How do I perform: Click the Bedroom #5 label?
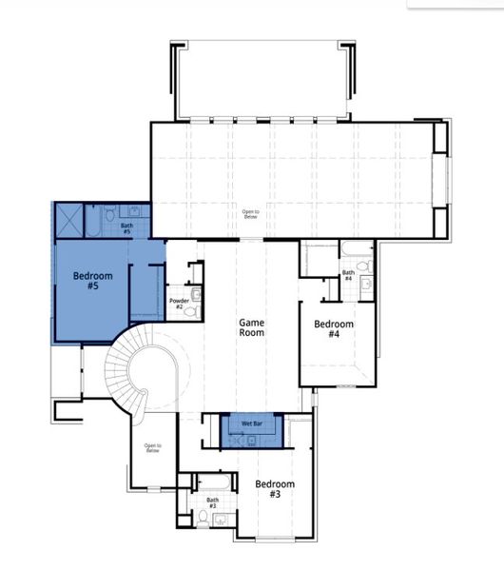point(93,281)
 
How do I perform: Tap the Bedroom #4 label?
point(334,329)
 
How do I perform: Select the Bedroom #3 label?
point(275,489)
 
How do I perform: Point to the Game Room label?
point(251,327)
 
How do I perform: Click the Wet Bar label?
point(252,422)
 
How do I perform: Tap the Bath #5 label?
point(126,229)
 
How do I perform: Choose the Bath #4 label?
point(348,276)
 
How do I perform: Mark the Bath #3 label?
point(212,502)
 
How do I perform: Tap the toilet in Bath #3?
point(203,518)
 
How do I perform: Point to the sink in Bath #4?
point(366,288)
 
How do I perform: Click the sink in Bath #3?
point(222,519)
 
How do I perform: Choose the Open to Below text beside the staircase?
point(152,447)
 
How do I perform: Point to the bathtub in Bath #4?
point(357,252)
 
